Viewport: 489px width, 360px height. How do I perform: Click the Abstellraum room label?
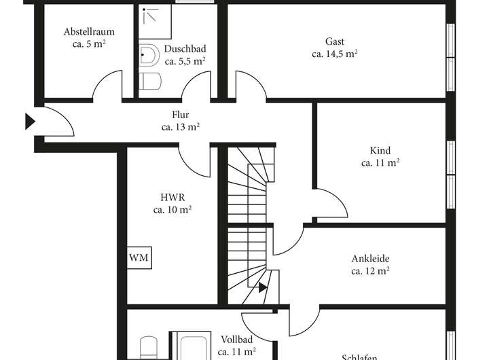[x=88, y=32]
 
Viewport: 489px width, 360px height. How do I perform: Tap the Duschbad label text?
[x=185, y=49]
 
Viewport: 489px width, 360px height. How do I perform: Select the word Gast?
[x=335, y=41]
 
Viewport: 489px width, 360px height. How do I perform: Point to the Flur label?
[x=180, y=115]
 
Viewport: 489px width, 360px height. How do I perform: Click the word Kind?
[x=380, y=151]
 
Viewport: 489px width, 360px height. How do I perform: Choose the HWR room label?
[x=172, y=198]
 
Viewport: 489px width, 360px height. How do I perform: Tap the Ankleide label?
[x=370, y=259]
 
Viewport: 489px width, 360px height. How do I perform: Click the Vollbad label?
[x=236, y=339]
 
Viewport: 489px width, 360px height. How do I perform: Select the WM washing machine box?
[x=139, y=258]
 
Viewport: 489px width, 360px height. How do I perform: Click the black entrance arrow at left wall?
[x=30, y=122]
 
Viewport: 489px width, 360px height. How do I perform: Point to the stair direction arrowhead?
[x=263, y=287]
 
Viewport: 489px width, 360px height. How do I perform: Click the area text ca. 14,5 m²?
[x=335, y=54]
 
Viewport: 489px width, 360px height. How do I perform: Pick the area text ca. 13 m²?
[x=180, y=127]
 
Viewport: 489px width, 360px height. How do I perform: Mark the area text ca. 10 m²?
[x=172, y=210]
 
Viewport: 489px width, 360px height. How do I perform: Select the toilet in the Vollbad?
[x=149, y=348]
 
